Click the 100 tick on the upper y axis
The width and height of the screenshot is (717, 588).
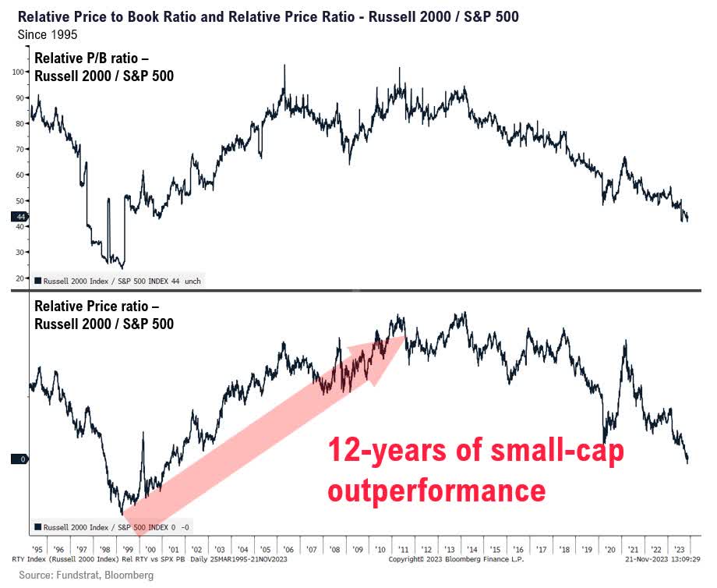tap(19, 72)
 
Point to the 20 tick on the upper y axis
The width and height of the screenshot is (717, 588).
tap(19, 278)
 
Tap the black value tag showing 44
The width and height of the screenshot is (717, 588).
tap(19, 217)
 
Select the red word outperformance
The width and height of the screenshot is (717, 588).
tap(436, 491)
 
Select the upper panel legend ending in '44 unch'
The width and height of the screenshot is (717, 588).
tap(117, 280)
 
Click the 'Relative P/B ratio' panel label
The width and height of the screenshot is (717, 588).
tap(103, 66)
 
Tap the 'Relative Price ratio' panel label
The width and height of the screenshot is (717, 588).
tap(103, 313)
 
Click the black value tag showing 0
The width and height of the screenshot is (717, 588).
tap(19, 459)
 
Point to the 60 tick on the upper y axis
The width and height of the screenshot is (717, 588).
tap(19, 175)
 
